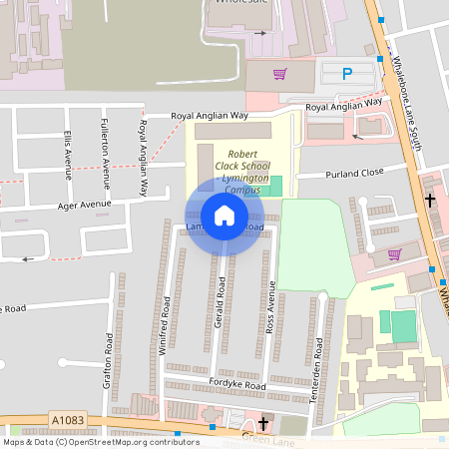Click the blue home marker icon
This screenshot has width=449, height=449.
click(224, 215)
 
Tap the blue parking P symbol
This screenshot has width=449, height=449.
click(347, 73)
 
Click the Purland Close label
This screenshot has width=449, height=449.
click(354, 174)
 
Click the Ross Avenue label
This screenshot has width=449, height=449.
click(269, 312)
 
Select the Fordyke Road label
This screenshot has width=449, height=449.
click(237, 385)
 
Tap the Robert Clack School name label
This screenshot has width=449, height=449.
click(238, 169)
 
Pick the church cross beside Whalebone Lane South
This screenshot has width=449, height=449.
click(430, 201)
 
